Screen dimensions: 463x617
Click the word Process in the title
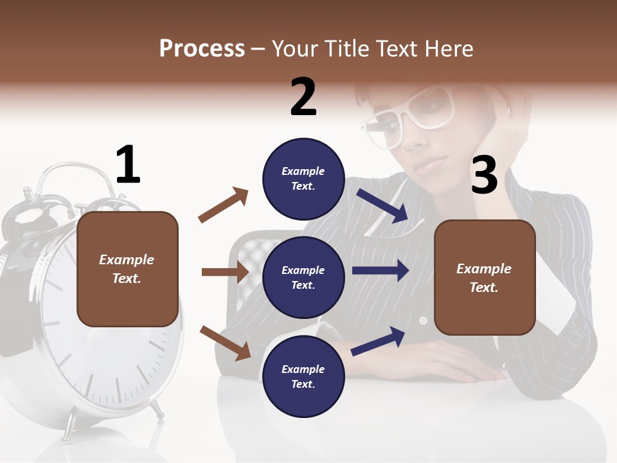click(x=202, y=48)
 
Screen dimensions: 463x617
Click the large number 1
click(x=128, y=165)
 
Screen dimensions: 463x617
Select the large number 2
click(x=303, y=96)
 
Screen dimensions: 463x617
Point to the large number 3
click(x=484, y=175)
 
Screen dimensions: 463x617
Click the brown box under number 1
click(x=127, y=269)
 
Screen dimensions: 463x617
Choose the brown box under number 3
click(x=485, y=277)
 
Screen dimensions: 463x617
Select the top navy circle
click(x=303, y=178)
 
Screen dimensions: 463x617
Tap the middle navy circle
click(x=303, y=277)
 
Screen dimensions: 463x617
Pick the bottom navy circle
click(x=303, y=376)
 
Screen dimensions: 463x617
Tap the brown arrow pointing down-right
click(x=226, y=342)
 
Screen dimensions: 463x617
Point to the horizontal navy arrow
click(x=380, y=271)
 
